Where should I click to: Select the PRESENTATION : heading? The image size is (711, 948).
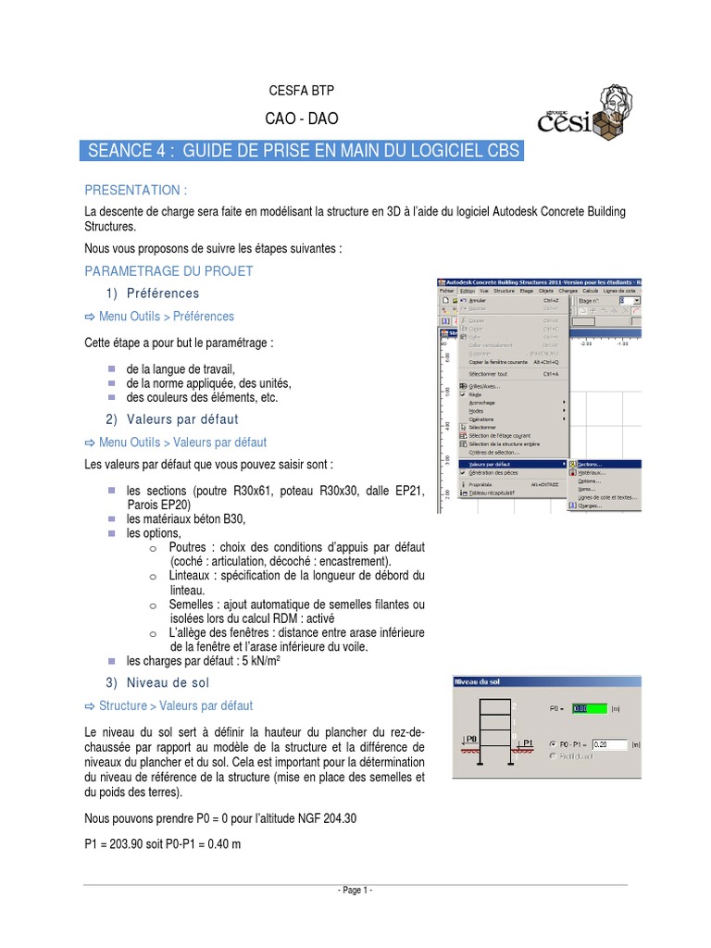tap(136, 190)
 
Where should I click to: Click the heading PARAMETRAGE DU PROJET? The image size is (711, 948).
tap(168, 271)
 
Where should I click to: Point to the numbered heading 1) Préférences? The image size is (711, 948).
tap(152, 293)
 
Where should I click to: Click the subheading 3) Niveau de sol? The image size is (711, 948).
tap(156, 682)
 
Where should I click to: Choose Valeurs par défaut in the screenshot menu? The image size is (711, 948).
tap(492, 464)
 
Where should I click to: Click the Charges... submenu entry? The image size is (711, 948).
tap(590, 505)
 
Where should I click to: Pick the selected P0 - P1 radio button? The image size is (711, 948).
tap(553, 743)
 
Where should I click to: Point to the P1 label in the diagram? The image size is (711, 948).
tap(529, 742)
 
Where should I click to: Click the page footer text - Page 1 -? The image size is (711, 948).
tap(355, 891)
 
